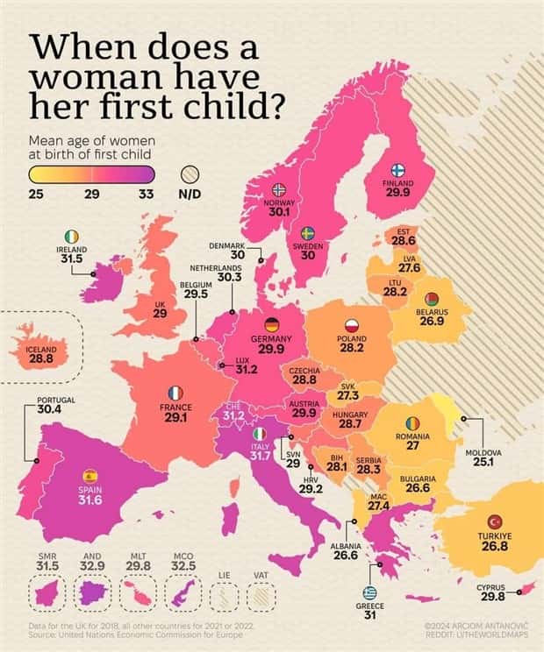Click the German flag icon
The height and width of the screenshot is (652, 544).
271,324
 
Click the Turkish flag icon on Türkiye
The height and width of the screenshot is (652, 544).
493,521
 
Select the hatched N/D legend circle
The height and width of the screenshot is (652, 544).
190,174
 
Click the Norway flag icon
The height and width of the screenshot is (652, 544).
280,189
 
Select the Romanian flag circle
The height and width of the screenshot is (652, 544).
412,423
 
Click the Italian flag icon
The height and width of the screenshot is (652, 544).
259,435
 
